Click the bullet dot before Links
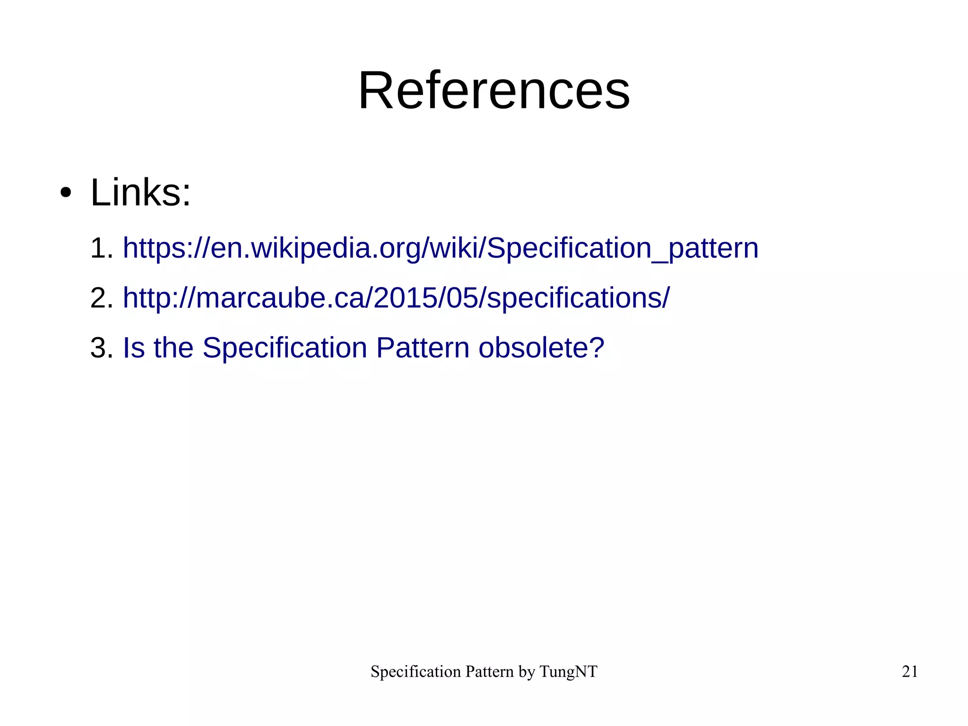point(66,193)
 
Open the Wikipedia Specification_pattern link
point(441,248)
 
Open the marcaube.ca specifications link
point(396,298)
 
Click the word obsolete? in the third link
point(541,348)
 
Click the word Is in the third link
point(133,348)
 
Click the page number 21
point(910,672)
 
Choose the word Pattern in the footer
point(489,672)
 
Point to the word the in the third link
point(173,348)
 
